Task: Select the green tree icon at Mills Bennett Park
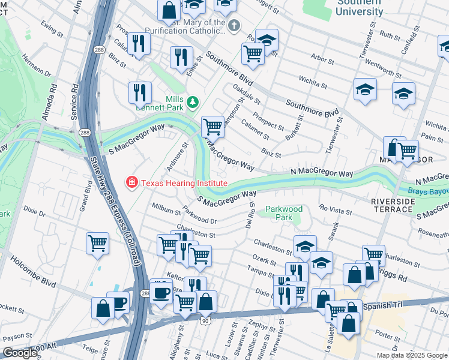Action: [x=193, y=103]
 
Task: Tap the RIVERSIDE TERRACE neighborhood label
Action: [x=393, y=205]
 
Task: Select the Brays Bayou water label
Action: [x=429, y=191]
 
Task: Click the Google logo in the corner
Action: [x=19, y=353]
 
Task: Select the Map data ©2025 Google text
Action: [x=411, y=355]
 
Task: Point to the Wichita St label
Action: [x=312, y=80]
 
